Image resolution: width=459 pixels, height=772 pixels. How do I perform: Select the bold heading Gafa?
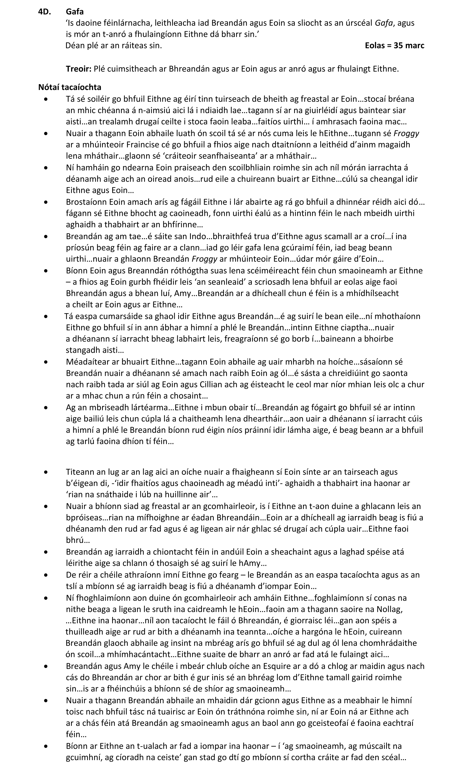[75, 12]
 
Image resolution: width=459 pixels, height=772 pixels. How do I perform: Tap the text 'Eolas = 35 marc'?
[394, 45]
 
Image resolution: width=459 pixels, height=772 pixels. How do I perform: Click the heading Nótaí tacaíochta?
[70, 87]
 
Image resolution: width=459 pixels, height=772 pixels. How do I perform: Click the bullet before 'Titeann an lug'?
[46, 472]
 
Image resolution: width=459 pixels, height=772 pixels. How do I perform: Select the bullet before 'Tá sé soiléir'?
[46, 99]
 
